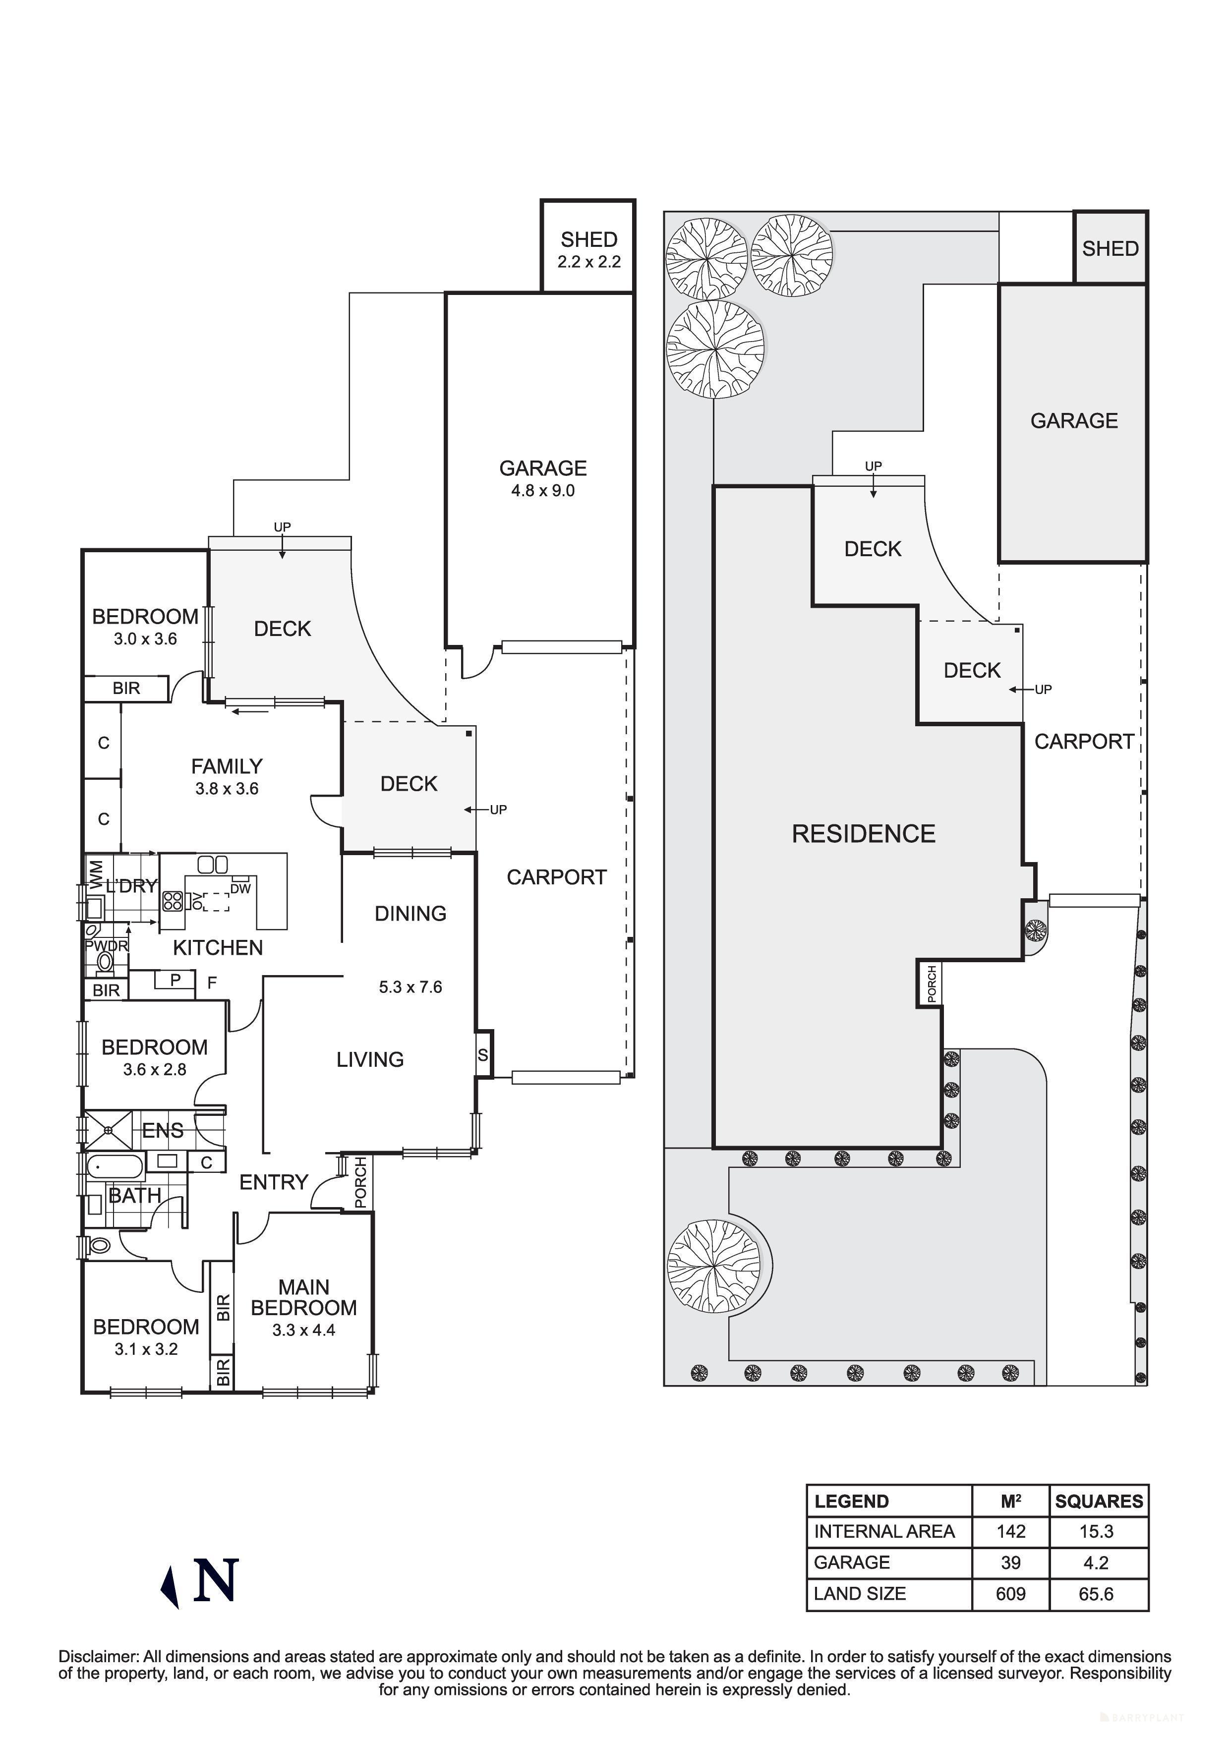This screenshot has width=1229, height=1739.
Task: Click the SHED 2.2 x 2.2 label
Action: [x=588, y=250]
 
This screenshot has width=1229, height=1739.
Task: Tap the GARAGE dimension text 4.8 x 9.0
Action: [x=542, y=491]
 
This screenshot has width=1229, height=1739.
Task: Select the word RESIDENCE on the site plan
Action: [x=863, y=834]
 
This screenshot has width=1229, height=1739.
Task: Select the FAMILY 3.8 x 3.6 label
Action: [x=227, y=776]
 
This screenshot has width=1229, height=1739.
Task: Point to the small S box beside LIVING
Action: [x=483, y=1055]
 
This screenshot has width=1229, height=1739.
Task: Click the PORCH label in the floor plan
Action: [x=360, y=1182]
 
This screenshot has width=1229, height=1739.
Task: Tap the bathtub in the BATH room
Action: [x=115, y=1167]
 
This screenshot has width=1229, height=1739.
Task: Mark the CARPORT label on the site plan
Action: [x=1084, y=742]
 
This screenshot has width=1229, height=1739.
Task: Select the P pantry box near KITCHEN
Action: [x=175, y=980]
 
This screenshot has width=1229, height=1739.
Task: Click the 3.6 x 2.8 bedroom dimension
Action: [x=155, y=1069]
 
